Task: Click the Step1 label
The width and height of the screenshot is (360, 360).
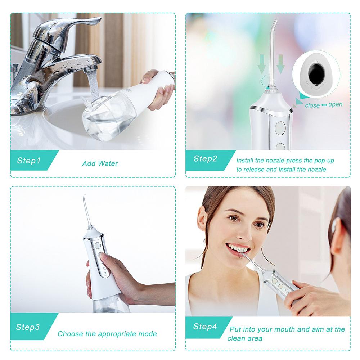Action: pyautogui.click(x=29, y=161)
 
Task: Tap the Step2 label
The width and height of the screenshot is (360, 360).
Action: pyautogui.click(x=205, y=158)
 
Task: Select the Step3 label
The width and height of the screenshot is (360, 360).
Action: pyautogui.click(x=28, y=327)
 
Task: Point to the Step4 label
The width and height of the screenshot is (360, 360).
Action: pyautogui.click(x=205, y=327)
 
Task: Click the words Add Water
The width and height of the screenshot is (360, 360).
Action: pyautogui.click(x=100, y=163)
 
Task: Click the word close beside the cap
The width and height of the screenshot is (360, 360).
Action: pyautogui.click(x=312, y=105)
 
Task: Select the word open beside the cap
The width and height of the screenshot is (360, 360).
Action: pyautogui.click(x=336, y=104)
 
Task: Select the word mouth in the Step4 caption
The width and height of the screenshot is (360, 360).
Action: pyautogui.click(x=287, y=329)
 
